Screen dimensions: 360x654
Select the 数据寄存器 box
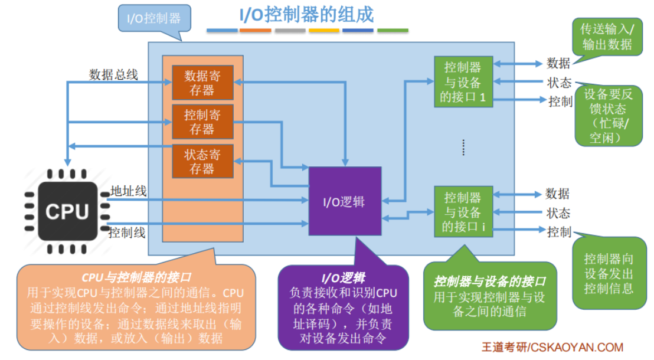point(202,83)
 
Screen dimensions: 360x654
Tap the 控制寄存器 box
point(202,122)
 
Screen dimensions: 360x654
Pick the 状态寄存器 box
point(202,161)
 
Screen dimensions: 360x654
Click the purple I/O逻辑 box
point(345,201)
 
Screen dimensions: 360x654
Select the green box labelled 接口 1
point(463,82)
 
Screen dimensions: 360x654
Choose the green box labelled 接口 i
point(463,212)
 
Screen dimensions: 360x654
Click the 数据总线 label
point(113,74)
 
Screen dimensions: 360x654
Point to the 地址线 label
point(128,191)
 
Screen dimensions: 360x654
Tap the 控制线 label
point(127,232)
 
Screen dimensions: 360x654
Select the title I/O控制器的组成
point(306,14)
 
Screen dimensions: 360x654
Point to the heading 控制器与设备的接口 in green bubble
point(490,282)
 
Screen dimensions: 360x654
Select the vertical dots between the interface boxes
point(463,148)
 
